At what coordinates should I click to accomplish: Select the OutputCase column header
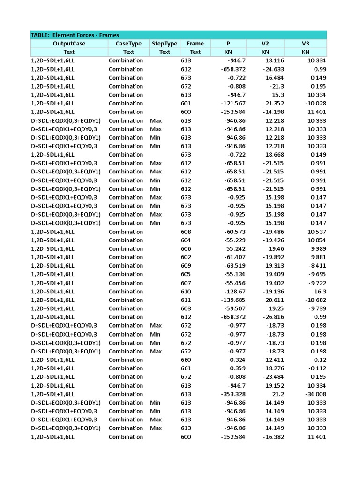point(69,44)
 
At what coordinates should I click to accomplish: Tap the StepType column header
point(165,44)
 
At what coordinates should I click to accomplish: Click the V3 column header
point(306,44)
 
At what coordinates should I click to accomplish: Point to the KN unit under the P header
point(228,52)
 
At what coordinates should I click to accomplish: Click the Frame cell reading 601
point(186,103)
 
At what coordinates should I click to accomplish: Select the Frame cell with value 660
point(186,360)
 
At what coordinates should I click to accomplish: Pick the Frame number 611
point(186,300)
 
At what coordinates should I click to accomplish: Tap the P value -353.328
point(233,394)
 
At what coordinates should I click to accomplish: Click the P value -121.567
point(233,103)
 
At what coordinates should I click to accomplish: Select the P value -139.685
point(233,300)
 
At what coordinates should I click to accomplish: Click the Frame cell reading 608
point(186,232)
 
